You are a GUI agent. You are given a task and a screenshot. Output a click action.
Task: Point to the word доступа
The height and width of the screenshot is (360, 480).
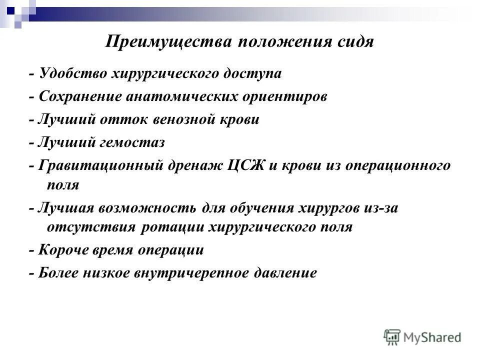click(256, 74)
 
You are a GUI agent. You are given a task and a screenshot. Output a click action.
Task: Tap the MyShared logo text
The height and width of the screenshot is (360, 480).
click(431, 338)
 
